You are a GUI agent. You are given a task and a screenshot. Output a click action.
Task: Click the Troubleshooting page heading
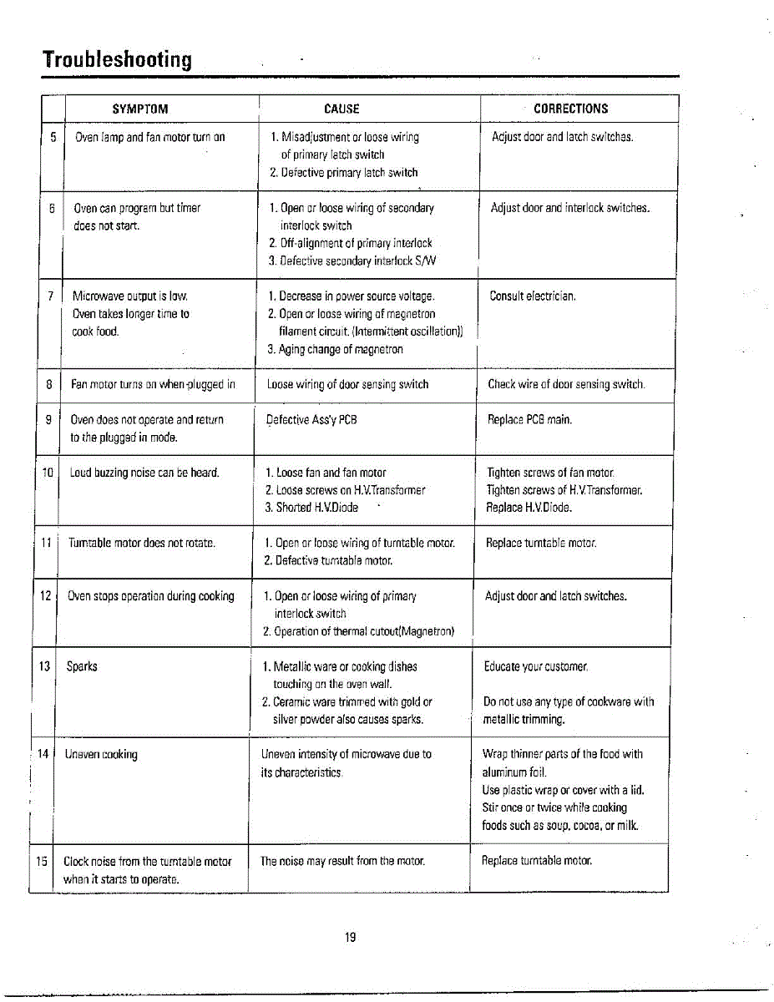pos(118,60)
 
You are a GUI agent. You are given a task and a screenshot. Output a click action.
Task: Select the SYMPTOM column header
pos(140,109)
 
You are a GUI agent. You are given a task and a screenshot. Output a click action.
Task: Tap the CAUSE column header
pos(341,109)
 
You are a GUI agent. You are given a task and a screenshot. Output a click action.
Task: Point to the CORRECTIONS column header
pos(571,109)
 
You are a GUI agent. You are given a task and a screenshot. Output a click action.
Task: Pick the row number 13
pos(44,666)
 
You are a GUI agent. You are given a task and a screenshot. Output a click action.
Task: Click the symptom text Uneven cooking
pos(101,755)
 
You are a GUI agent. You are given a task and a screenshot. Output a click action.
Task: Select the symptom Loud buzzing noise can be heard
pos(144,473)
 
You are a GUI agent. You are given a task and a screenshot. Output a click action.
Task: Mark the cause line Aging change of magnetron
pos(335,349)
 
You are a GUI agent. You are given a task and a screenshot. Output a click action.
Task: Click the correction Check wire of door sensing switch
pos(566,385)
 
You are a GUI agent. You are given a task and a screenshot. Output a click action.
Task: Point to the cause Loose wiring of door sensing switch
pos(347,385)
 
